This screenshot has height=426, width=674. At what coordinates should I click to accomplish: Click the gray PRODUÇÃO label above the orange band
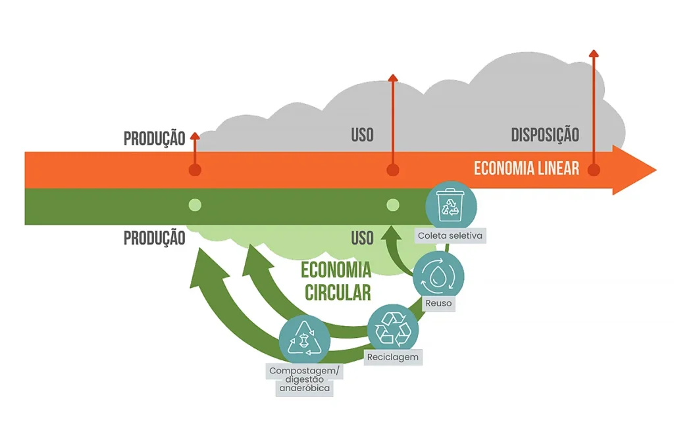pyautogui.click(x=154, y=139)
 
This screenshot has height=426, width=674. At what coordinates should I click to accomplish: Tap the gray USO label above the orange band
pyautogui.click(x=362, y=135)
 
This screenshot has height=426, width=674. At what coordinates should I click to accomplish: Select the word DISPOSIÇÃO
pyautogui.click(x=545, y=135)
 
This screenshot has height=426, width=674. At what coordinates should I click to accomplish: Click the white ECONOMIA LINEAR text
pyautogui.click(x=527, y=168)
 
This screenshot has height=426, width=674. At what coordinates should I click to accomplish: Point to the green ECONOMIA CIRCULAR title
pyautogui.click(x=336, y=281)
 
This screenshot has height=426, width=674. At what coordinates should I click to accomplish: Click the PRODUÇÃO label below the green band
pyautogui.click(x=154, y=238)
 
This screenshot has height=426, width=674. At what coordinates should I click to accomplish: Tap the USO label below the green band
pyautogui.click(x=362, y=238)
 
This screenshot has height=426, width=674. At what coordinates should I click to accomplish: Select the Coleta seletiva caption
pyautogui.click(x=451, y=235)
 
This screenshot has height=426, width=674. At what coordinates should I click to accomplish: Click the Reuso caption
pyautogui.click(x=438, y=303)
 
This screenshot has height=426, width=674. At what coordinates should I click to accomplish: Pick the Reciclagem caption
pyautogui.click(x=392, y=357)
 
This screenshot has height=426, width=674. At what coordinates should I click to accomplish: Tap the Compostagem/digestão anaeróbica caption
pyautogui.click(x=304, y=379)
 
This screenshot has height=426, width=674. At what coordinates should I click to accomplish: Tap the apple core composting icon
pyautogui.click(x=303, y=340)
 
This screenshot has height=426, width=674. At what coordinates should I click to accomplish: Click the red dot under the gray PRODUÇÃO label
pyautogui.click(x=195, y=170)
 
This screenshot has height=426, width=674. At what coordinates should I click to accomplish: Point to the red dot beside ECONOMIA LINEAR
pyautogui.click(x=594, y=170)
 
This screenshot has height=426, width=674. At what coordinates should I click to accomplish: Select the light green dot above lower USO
pyautogui.click(x=393, y=204)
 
